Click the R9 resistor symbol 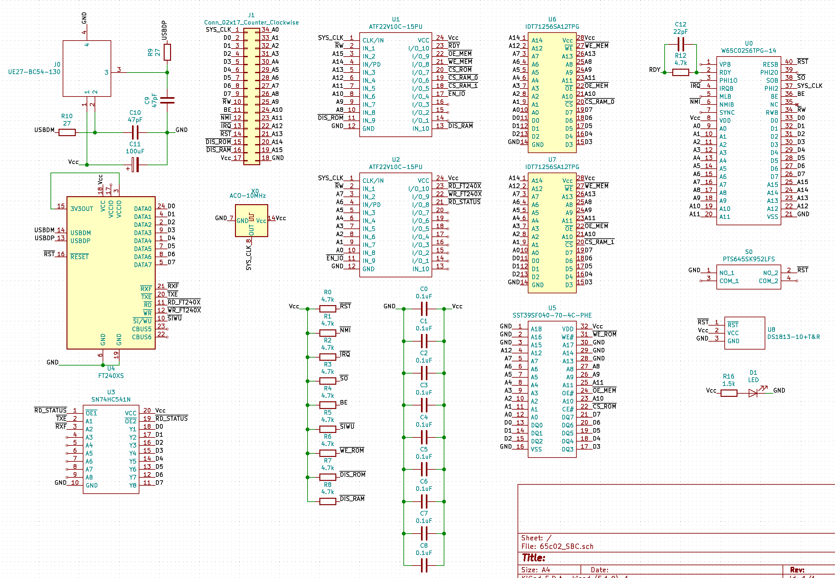[x=167, y=52]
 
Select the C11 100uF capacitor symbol [x=135, y=165]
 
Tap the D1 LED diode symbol [x=753, y=393]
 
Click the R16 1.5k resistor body [x=729, y=393]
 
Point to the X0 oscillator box [x=251, y=220]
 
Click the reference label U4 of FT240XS [x=111, y=368]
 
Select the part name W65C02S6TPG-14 [x=748, y=51]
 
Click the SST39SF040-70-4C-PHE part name [x=552, y=315]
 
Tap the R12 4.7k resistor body [x=680, y=73]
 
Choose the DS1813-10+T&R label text [x=793, y=337]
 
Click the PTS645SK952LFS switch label [x=748, y=259]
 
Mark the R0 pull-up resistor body [x=327, y=309]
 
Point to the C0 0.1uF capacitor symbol [x=424, y=309]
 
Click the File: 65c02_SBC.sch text [x=557, y=546]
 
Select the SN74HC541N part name [x=111, y=399]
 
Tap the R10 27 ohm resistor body [x=67, y=133]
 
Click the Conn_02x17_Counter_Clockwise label [x=251, y=22]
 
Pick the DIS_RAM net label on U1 [x=460, y=126]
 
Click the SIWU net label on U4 [x=174, y=318]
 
